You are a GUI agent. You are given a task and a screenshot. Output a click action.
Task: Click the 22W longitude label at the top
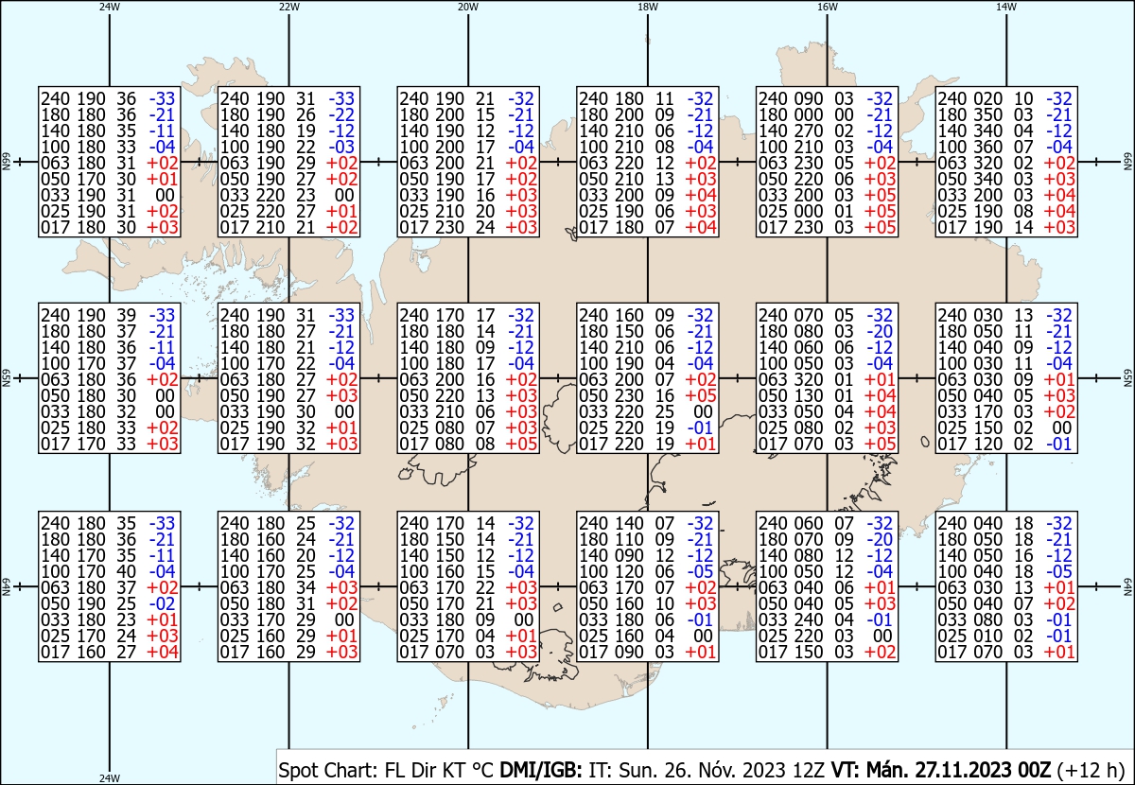tap(288, 7)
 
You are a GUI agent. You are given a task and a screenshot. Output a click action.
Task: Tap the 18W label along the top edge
tap(648, 7)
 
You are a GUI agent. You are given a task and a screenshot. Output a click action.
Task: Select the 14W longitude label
tap(1006, 7)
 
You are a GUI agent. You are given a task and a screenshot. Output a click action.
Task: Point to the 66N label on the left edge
tap(6, 162)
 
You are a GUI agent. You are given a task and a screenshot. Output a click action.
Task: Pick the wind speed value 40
tap(127, 571)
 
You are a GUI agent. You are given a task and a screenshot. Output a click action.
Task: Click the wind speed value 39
tap(127, 315)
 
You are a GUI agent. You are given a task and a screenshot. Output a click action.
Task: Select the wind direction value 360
tap(987, 147)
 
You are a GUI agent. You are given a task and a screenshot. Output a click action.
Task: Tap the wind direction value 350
tap(987, 114)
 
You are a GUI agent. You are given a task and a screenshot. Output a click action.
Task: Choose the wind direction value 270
tap(808, 131)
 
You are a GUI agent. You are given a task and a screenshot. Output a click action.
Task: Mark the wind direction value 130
tap(808, 395)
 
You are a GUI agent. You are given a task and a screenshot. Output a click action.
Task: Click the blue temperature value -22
tap(341, 114)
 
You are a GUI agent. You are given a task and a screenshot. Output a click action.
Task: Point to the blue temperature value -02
tap(162, 603)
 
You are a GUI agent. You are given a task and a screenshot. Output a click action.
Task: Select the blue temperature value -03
tap(341, 147)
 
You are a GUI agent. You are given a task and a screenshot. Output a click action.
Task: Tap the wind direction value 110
tap(629, 539)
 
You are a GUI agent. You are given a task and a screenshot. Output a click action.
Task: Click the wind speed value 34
tap(306, 587)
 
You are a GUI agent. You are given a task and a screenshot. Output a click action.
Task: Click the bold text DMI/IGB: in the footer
tap(541, 770)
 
